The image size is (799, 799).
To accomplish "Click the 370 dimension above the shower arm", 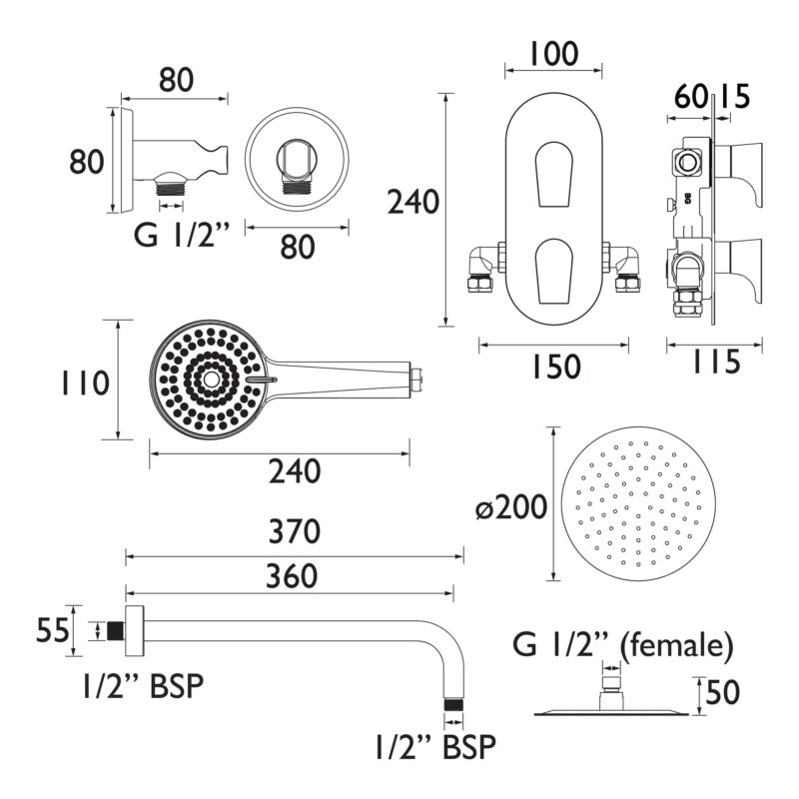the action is (295, 531).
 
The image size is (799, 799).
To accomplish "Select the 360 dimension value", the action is (292, 576).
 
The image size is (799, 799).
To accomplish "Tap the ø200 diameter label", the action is (511, 507).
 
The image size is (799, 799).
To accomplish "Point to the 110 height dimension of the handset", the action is (85, 384).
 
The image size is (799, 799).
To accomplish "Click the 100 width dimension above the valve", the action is (554, 54).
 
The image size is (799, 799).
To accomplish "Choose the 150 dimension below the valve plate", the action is (556, 367).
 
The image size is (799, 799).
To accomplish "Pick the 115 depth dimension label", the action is (715, 363).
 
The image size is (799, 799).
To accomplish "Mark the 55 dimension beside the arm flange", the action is (53, 630).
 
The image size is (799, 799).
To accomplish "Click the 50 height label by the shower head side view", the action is (723, 692).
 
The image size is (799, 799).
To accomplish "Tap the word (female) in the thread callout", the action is (676, 645).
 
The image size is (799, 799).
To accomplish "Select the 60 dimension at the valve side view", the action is (691, 96).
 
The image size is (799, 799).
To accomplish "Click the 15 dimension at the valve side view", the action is (734, 96).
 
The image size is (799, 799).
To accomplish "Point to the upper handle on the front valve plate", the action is (554, 174).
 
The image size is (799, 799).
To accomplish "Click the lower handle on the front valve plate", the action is (554, 271).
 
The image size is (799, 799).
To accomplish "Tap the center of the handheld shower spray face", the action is (209, 380).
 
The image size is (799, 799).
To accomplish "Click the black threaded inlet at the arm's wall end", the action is (116, 631).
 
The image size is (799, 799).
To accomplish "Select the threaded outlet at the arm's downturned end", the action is (453, 705).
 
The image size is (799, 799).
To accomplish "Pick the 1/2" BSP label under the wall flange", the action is (143, 685).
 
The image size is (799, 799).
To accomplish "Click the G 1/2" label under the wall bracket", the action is (182, 236).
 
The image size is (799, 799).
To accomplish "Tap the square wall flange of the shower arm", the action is (134, 631).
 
